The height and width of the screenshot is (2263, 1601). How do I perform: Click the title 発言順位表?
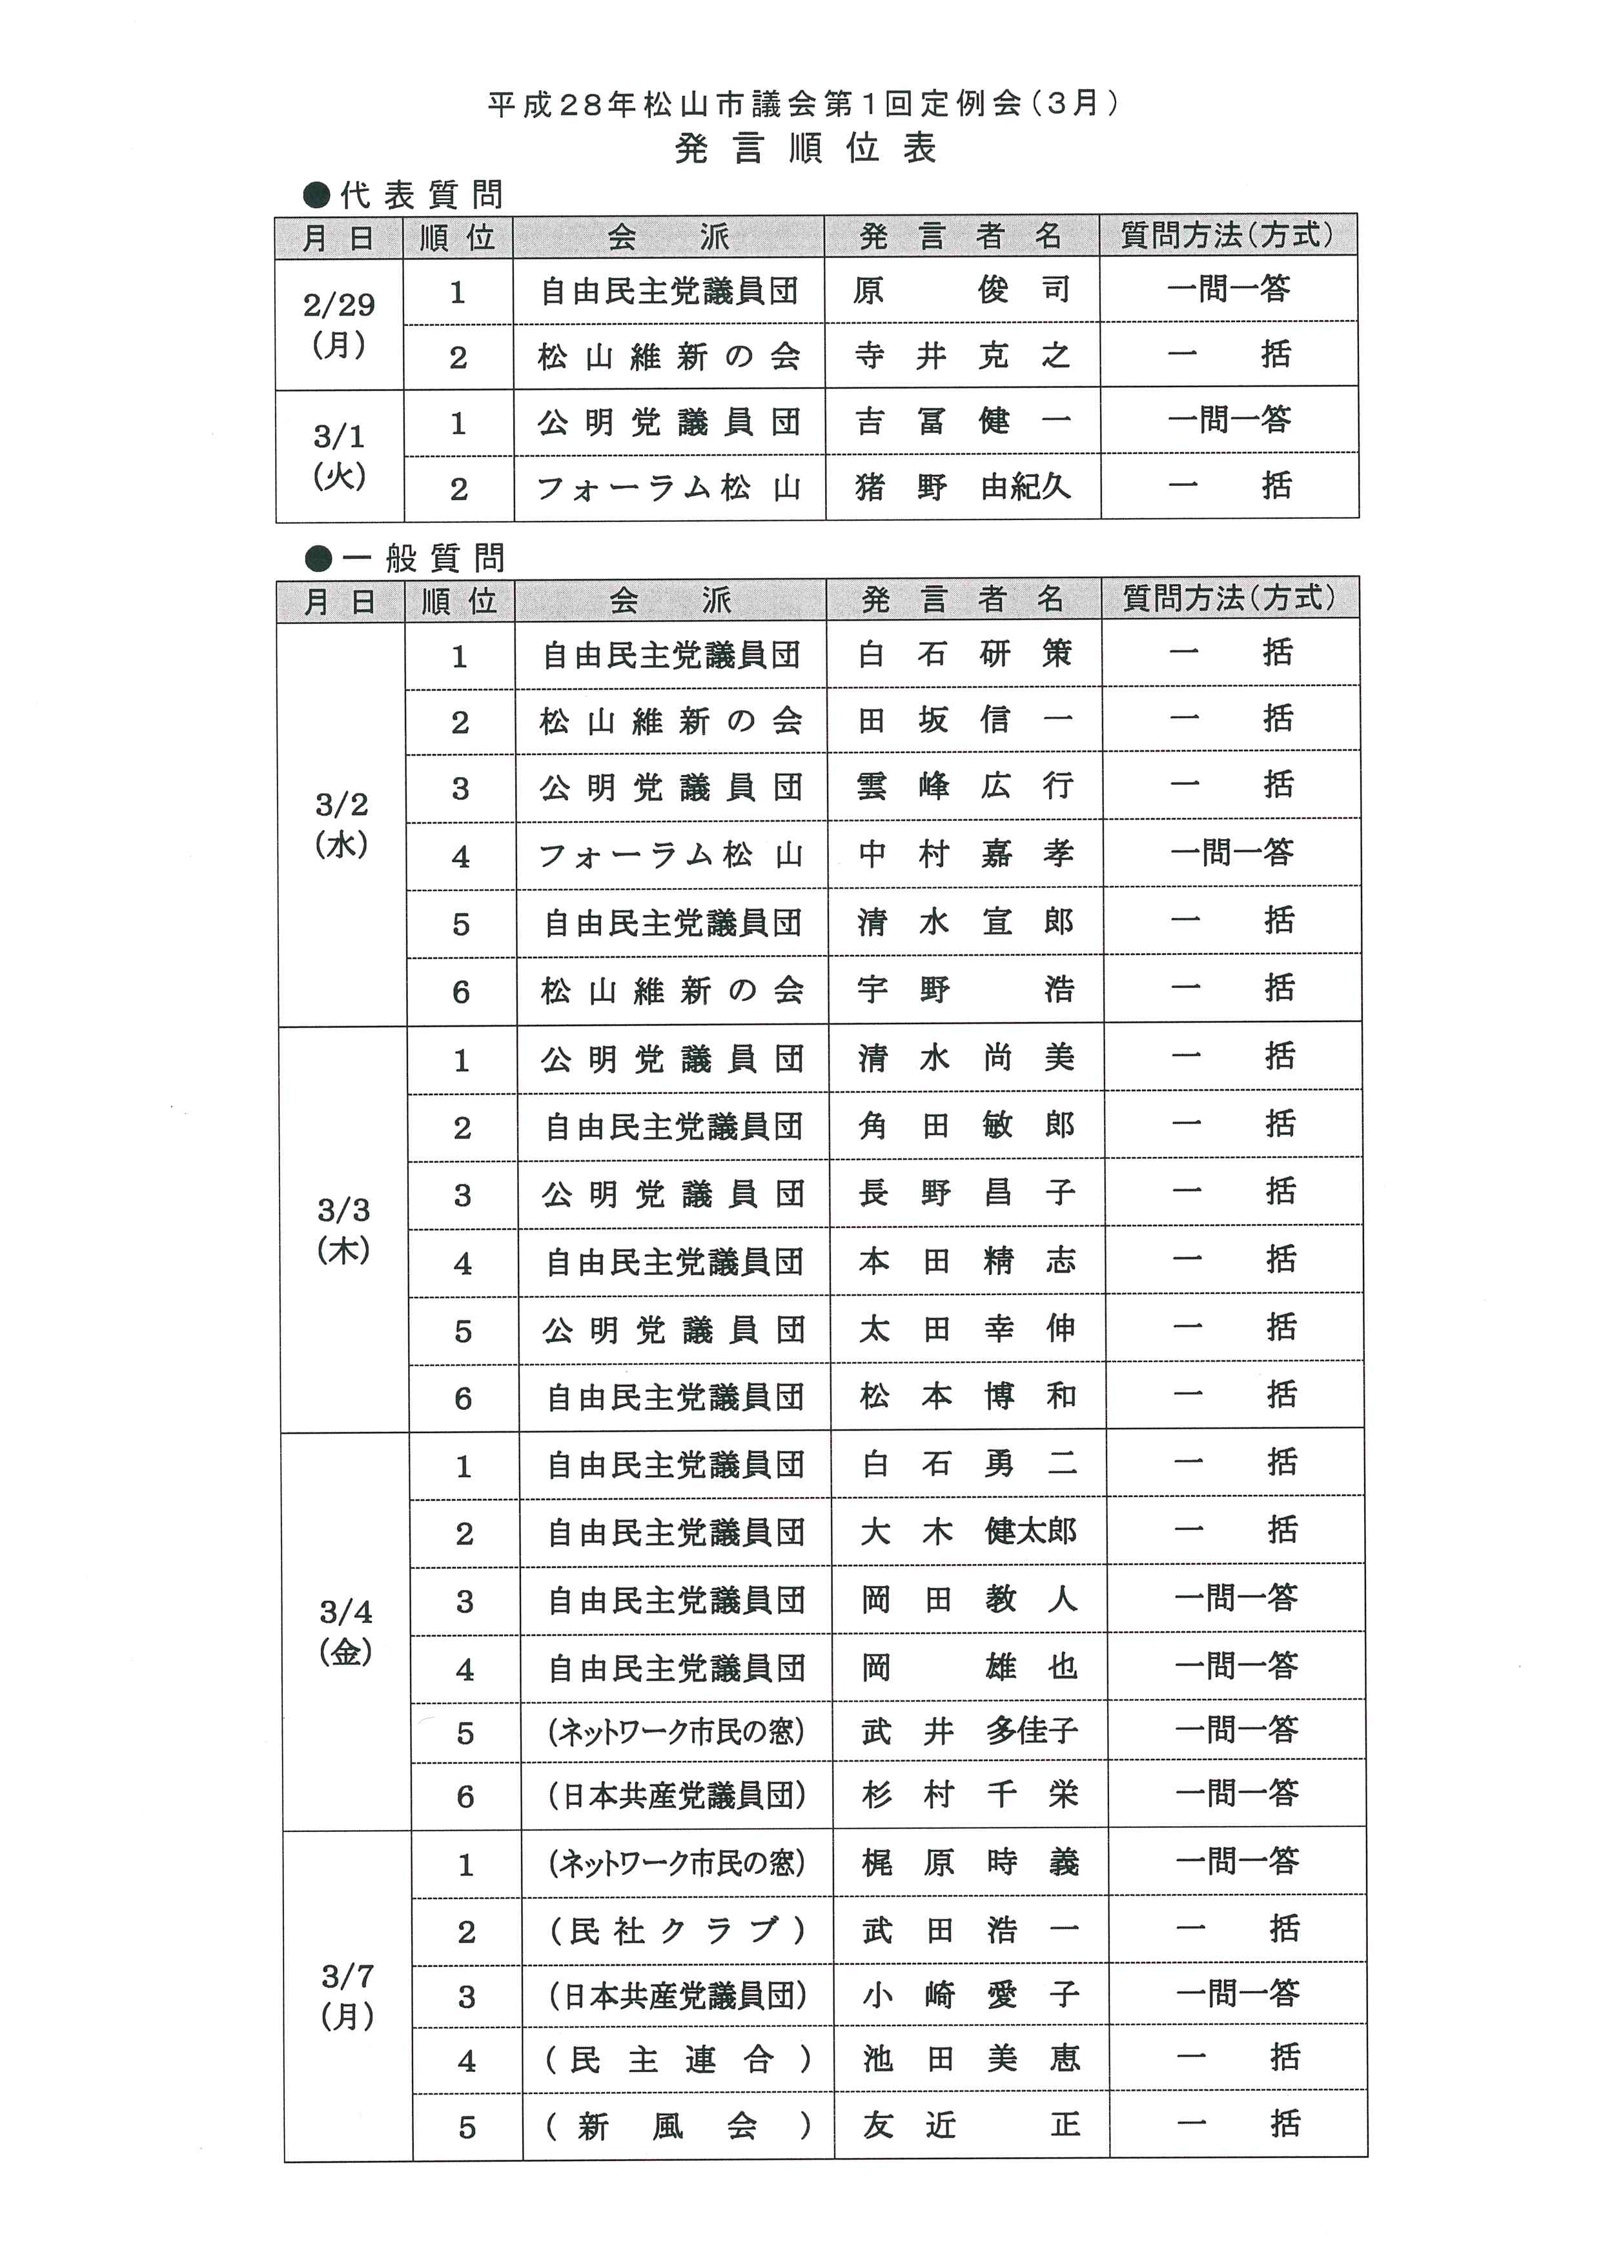pos(804,149)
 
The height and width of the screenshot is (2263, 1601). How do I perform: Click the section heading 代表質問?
pos(420,194)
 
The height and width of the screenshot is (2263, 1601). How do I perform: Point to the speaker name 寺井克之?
pos(961,356)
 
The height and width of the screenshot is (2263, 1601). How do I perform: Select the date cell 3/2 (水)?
pos(341,824)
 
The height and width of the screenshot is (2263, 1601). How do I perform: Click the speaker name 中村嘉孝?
pos(964,854)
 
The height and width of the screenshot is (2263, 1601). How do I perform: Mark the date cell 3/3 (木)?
pos(343,1229)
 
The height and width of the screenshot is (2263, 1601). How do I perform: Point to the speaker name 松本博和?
pos(967,1396)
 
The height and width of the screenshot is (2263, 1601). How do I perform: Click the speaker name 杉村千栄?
pos(970,1795)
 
